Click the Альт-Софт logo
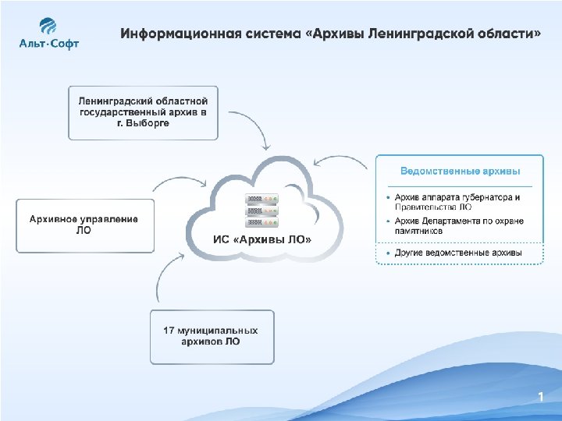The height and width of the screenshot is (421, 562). (49, 34)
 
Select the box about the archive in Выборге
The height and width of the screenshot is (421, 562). (143, 113)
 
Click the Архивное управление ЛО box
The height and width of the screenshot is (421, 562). (84, 225)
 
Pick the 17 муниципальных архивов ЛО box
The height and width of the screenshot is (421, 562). (212, 337)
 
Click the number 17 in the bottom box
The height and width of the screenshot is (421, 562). (169, 331)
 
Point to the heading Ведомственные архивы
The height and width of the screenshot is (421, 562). (460, 171)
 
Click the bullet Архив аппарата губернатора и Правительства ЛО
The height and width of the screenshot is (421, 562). (457, 202)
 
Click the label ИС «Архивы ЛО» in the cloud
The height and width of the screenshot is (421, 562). (262, 239)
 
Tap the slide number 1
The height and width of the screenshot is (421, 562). (539, 398)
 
